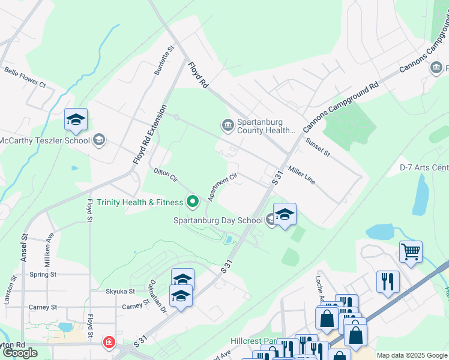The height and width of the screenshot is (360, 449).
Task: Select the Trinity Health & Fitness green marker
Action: coord(193,202)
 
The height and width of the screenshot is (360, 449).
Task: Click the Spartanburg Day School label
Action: coord(218,220)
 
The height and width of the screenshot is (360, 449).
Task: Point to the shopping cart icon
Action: coord(411,252)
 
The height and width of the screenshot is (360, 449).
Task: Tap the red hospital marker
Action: coord(109,343)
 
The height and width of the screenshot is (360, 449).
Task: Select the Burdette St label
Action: coord(164,60)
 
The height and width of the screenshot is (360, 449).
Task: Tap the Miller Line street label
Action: coord(301,175)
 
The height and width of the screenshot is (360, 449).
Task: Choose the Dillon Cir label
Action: coord(166,175)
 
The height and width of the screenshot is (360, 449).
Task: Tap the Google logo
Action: coord(20,353)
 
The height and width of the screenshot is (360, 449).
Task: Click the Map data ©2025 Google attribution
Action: coord(412,355)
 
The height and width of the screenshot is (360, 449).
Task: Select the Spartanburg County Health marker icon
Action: coord(228,125)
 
